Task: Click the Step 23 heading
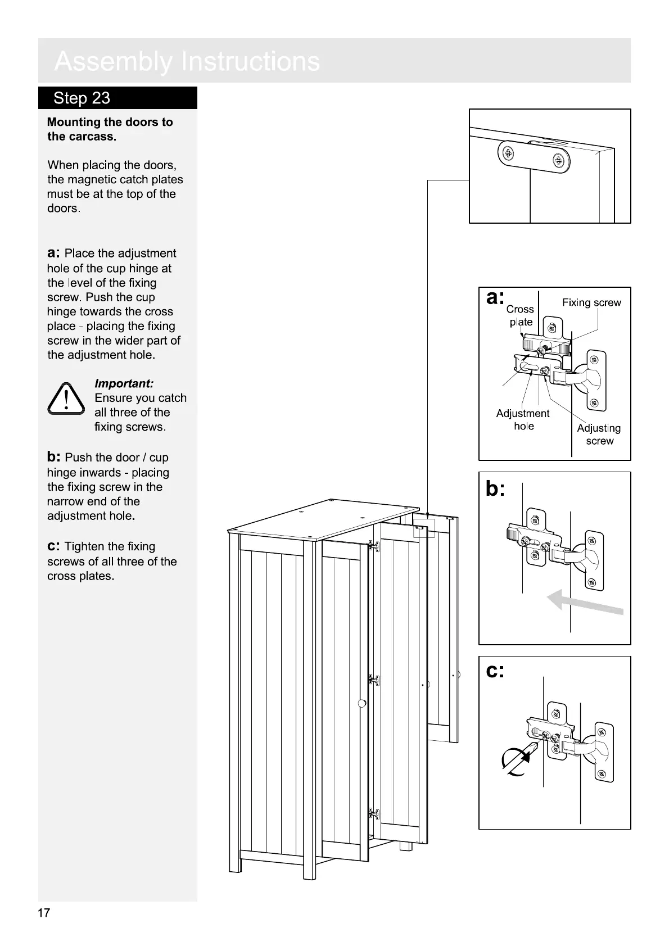82,98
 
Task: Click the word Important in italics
124,383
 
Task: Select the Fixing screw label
591,302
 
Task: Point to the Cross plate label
520,315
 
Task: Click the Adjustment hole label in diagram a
523,419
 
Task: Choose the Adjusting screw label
599,434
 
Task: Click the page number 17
44,912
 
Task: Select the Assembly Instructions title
187,61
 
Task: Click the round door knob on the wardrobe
362,703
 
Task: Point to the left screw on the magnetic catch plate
508,153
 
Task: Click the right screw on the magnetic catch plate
558,161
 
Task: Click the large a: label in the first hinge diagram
495,298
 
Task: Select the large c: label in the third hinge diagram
495,671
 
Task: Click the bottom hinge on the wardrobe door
374,813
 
